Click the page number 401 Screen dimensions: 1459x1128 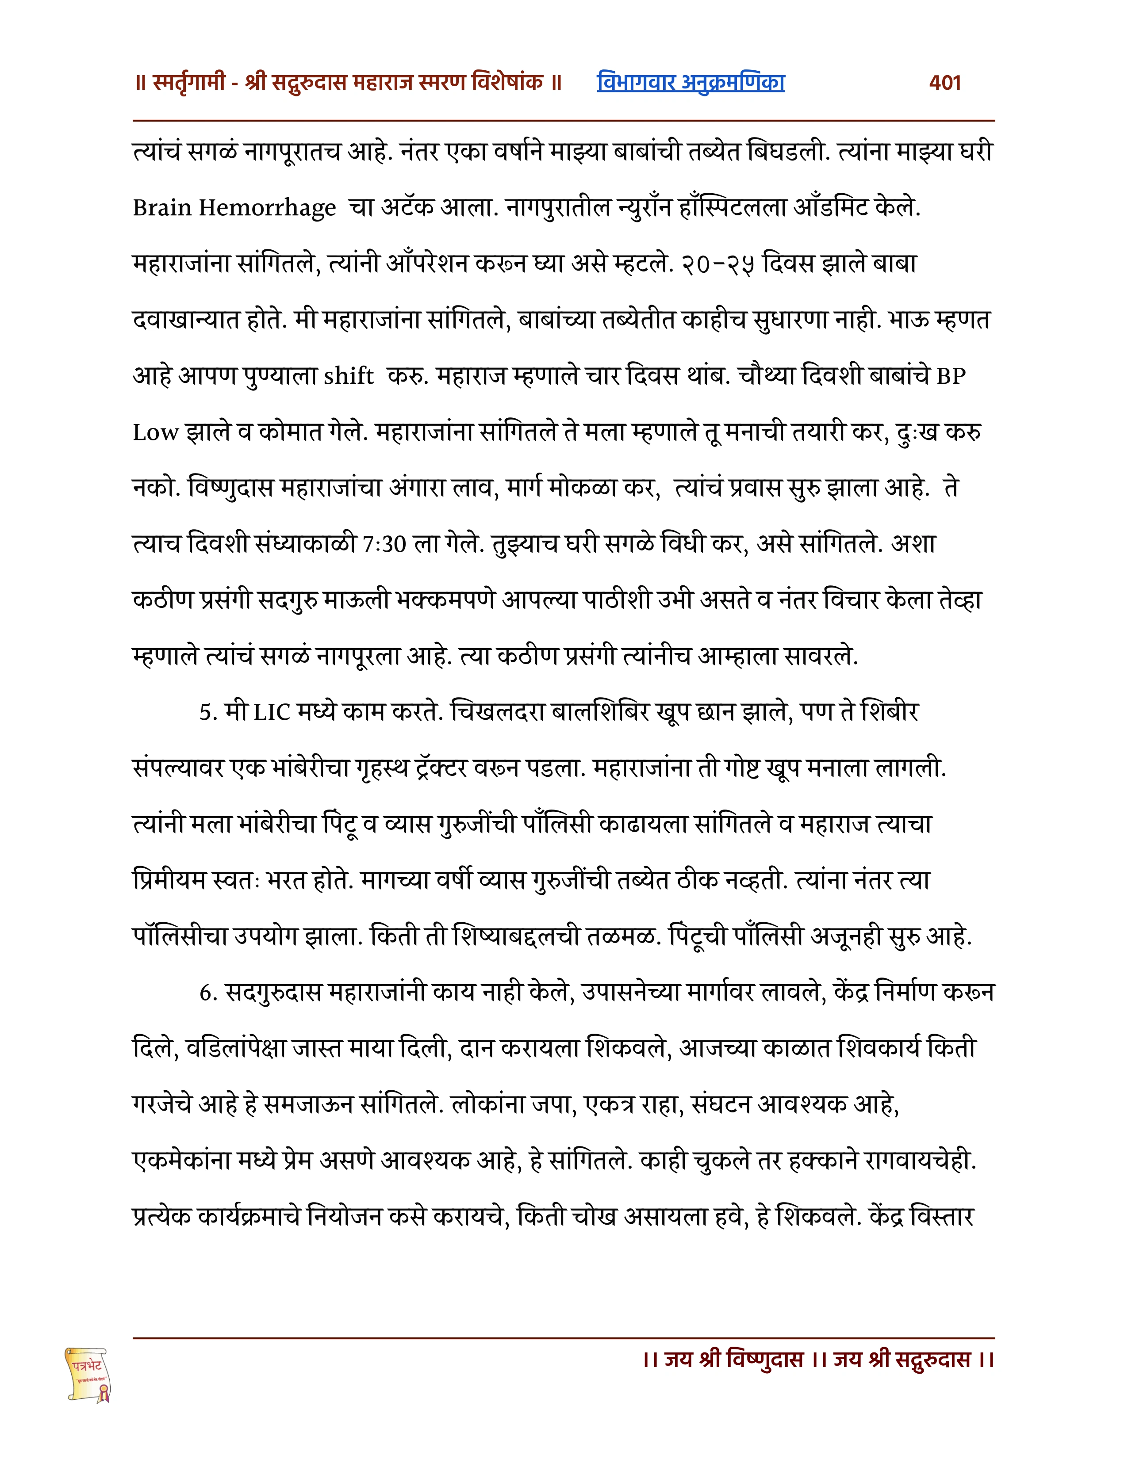944,83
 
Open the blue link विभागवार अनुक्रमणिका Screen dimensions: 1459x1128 691,83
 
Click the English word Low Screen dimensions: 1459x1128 155,433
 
